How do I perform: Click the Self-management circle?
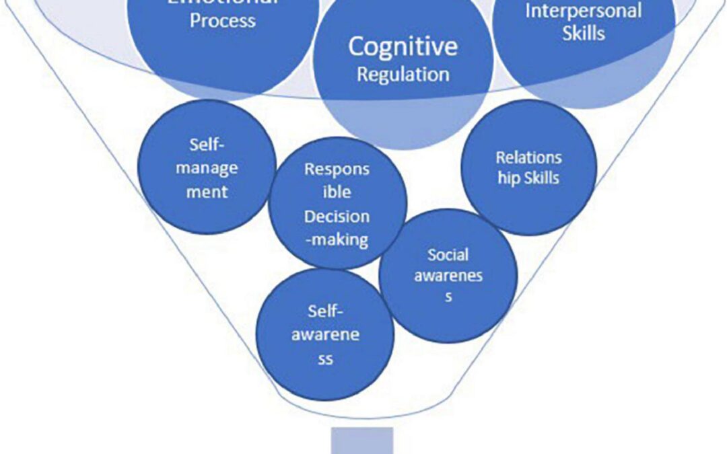tap(207, 168)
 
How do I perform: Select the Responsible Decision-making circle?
tap(337, 204)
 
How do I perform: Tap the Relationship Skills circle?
tap(528, 167)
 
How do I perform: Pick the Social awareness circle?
tap(448, 276)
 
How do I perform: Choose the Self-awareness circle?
tap(325, 334)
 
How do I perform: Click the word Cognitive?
tap(403, 46)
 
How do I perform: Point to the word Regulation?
tap(403, 74)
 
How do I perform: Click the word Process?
tap(222, 20)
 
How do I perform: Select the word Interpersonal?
tap(583, 11)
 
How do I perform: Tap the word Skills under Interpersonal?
tap(583, 32)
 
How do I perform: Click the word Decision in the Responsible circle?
tap(337, 217)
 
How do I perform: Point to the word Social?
tap(448, 256)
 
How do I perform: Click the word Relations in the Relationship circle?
tap(528, 157)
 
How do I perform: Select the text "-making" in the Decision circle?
tap(337, 239)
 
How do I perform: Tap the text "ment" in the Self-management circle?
tap(207, 192)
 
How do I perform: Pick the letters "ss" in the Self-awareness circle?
tap(325, 358)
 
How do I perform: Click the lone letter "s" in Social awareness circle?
tap(448, 297)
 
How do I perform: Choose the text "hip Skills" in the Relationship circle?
tap(528, 178)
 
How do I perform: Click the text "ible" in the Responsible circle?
tap(337, 192)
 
